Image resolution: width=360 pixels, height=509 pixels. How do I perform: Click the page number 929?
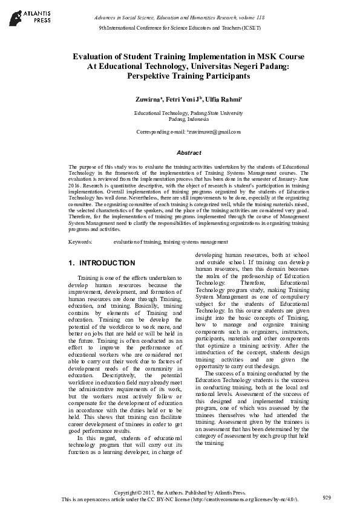click(327, 498)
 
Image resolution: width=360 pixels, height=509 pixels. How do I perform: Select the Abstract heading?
click(180, 154)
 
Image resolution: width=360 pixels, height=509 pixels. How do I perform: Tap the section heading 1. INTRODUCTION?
click(102, 263)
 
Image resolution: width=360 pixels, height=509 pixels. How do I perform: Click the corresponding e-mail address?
click(206, 131)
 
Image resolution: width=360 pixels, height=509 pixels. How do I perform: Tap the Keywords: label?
click(80, 242)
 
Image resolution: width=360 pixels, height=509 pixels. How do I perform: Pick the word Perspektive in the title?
click(151, 77)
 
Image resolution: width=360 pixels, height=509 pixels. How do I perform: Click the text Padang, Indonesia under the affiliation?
click(180, 119)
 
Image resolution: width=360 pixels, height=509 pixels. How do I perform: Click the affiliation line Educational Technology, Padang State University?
click(180, 113)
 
